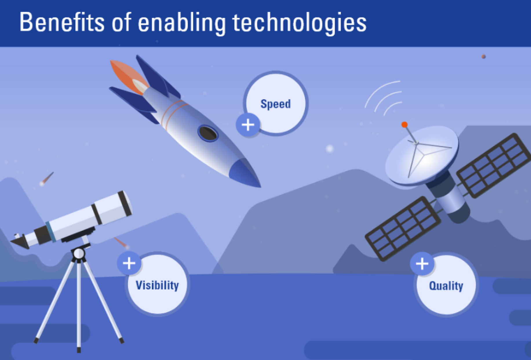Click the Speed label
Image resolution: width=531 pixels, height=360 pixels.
pyautogui.click(x=275, y=104)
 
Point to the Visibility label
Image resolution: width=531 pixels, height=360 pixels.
pyautogui.click(x=157, y=285)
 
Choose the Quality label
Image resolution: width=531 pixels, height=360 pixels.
pyautogui.click(x=446, y=286)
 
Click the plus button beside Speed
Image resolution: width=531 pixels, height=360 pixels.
pyautogui.click(x=248, y=125)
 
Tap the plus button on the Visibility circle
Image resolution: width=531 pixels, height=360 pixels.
pyautogui.click(x=129, y=263)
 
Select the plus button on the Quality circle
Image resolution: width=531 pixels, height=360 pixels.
pyautogui.click(x=422, y=264)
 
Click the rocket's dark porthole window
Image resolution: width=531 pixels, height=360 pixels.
pyautogui.click(x=208, y=134)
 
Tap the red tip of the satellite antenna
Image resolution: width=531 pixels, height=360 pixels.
pyautogui.click(x=405, y=125)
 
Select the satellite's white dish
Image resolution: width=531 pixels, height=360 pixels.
pyautogui.click(x=421, y=155)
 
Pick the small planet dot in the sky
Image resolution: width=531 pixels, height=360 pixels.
pyautogui.click(x=483, y=56)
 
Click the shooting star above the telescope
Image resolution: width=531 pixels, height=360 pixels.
pyautogui.click(x=47, y=178)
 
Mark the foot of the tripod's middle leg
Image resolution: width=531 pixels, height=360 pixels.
pyautogui.click(x=79, y=350)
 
